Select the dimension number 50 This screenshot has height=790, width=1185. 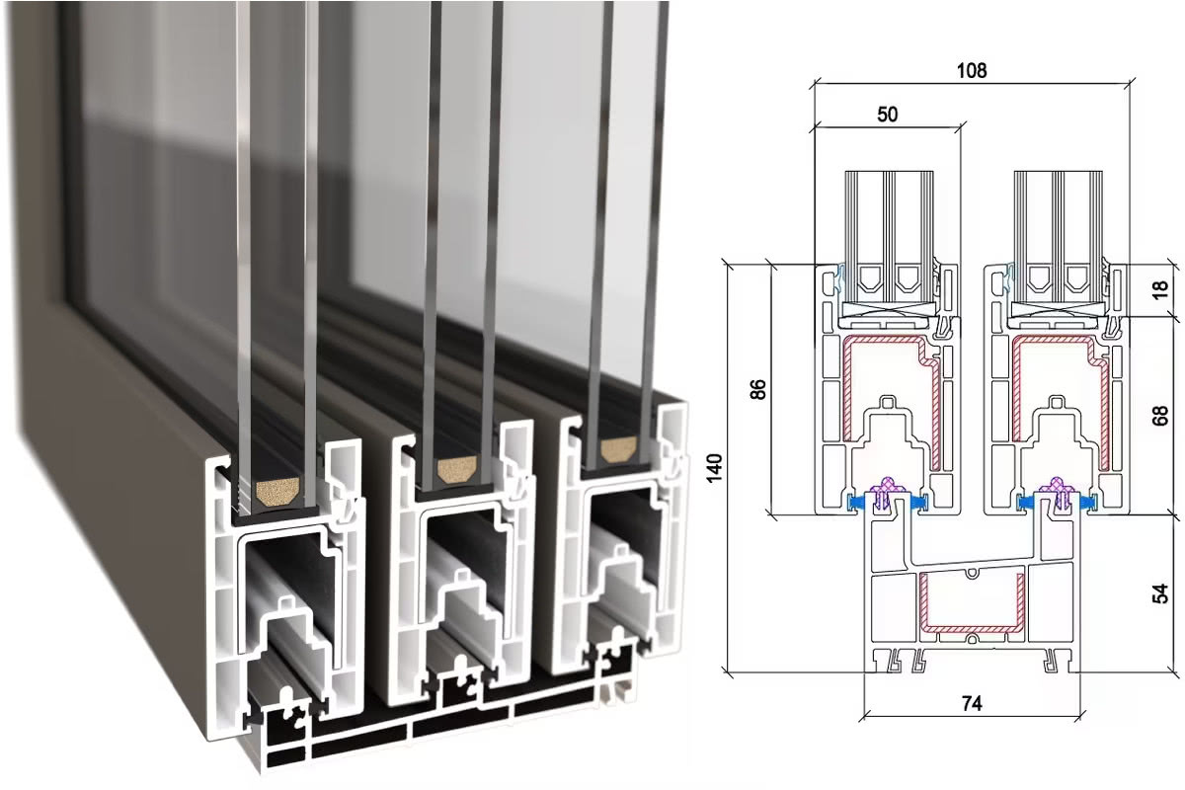pyautogui.click(x=887, y=114)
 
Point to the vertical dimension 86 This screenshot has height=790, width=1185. pyautogui.click(x=758, y=388)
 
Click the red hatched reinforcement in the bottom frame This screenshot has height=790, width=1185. pyautogui.click(x=970, y=603)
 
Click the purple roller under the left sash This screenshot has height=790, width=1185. pyautogui.click(x=888, y=491)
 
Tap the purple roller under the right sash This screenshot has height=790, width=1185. pyautogui.click(x=1057, y=491)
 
